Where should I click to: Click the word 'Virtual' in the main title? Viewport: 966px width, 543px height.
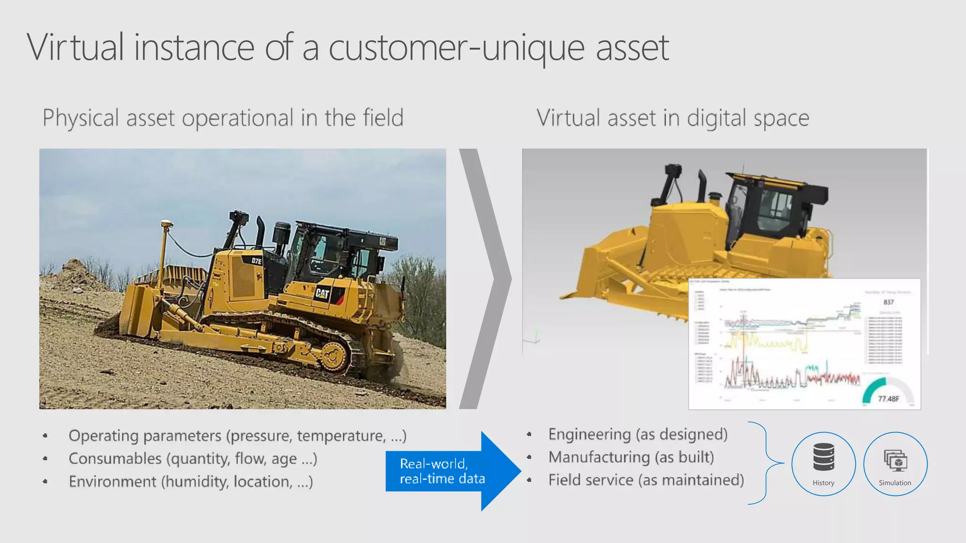pyautogui.click(x=75, y=47)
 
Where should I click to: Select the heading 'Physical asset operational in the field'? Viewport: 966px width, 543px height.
pyautogui.click(x=223, y=118)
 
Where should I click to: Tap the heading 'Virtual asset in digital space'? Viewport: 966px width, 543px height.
pyautogui.click(x=673, y=118)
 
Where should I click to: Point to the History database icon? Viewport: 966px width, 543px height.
pyautogui.click(x=824, y=457)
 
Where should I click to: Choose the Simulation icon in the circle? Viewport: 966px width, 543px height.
pyautogui.click(x=895, y=460)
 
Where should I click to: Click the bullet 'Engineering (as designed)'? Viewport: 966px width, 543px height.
pyautogui.click(x=638, y=434)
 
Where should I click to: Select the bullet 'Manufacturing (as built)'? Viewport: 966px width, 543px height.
pyautogui.click(x=631, y=457)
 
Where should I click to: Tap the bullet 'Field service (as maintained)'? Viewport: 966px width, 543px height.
pyautogui.click(x=646, y=480)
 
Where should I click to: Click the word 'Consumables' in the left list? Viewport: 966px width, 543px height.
pyautogui.click(x=115, y=459)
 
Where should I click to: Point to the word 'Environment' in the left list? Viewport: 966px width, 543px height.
pyautogui.click(x=112, y=482)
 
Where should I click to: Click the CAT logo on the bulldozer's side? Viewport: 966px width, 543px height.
pyautogui.click(x=323, y=294)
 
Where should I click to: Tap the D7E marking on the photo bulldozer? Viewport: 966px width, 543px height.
pyautogui.click(x=257, y=261)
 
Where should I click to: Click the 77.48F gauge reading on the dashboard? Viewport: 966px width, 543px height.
pyautogui.click(x=888, y=399)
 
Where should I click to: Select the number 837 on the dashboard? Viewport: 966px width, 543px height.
pyautogui.click(x=889, y=302)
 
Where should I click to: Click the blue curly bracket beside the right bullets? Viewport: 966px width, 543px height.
pyautogui.click(x=765, y=463)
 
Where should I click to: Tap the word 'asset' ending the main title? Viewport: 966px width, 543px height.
pyautogui.click(x=632, y=47)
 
